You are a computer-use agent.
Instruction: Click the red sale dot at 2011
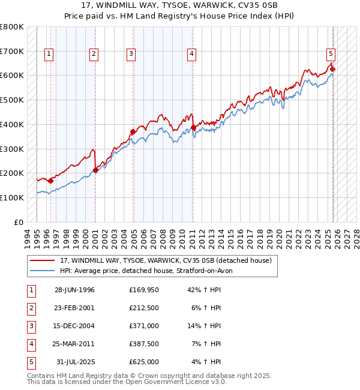point(193,127)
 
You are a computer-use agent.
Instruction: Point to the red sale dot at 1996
point(51,180)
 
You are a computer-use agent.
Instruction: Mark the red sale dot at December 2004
point(133,131)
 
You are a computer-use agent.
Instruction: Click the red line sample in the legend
point(42,261)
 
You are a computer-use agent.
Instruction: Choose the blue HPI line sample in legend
point(42,271)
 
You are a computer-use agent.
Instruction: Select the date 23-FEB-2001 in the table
point(74,308)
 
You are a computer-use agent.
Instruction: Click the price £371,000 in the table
point(143,326)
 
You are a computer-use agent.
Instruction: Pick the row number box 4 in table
point(30,344)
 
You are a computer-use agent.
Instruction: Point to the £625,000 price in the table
point(143,362)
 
